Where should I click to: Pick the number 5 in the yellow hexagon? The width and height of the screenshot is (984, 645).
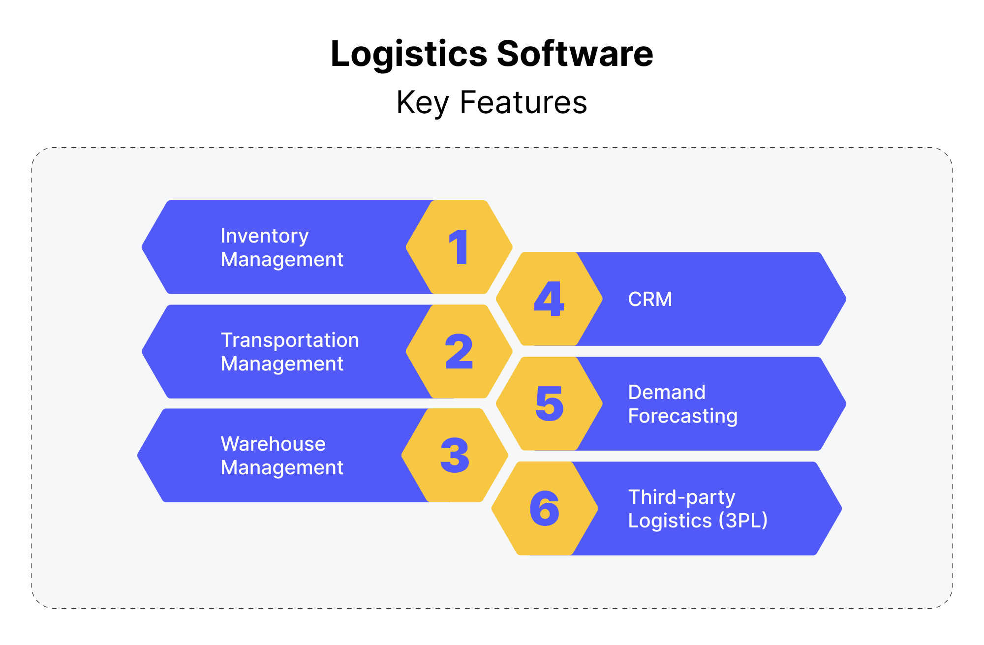point(549,403)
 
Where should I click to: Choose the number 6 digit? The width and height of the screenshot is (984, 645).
point(545,508)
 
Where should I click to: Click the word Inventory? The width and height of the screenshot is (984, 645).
point(265,236)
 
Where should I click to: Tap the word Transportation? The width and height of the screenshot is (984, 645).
point(290,340)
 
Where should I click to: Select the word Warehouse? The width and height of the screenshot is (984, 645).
point(273,444)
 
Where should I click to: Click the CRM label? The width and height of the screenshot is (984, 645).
point(650,299)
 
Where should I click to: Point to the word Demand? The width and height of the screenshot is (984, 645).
point(667,392)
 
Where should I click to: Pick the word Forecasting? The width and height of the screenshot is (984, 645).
point(683,416)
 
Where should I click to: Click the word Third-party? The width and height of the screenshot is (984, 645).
point(681,497)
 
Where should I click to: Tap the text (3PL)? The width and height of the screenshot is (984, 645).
point(743,521)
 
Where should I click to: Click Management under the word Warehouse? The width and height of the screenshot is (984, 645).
point(282,467)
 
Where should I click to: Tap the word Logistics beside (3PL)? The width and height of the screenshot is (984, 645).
point(670,521)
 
